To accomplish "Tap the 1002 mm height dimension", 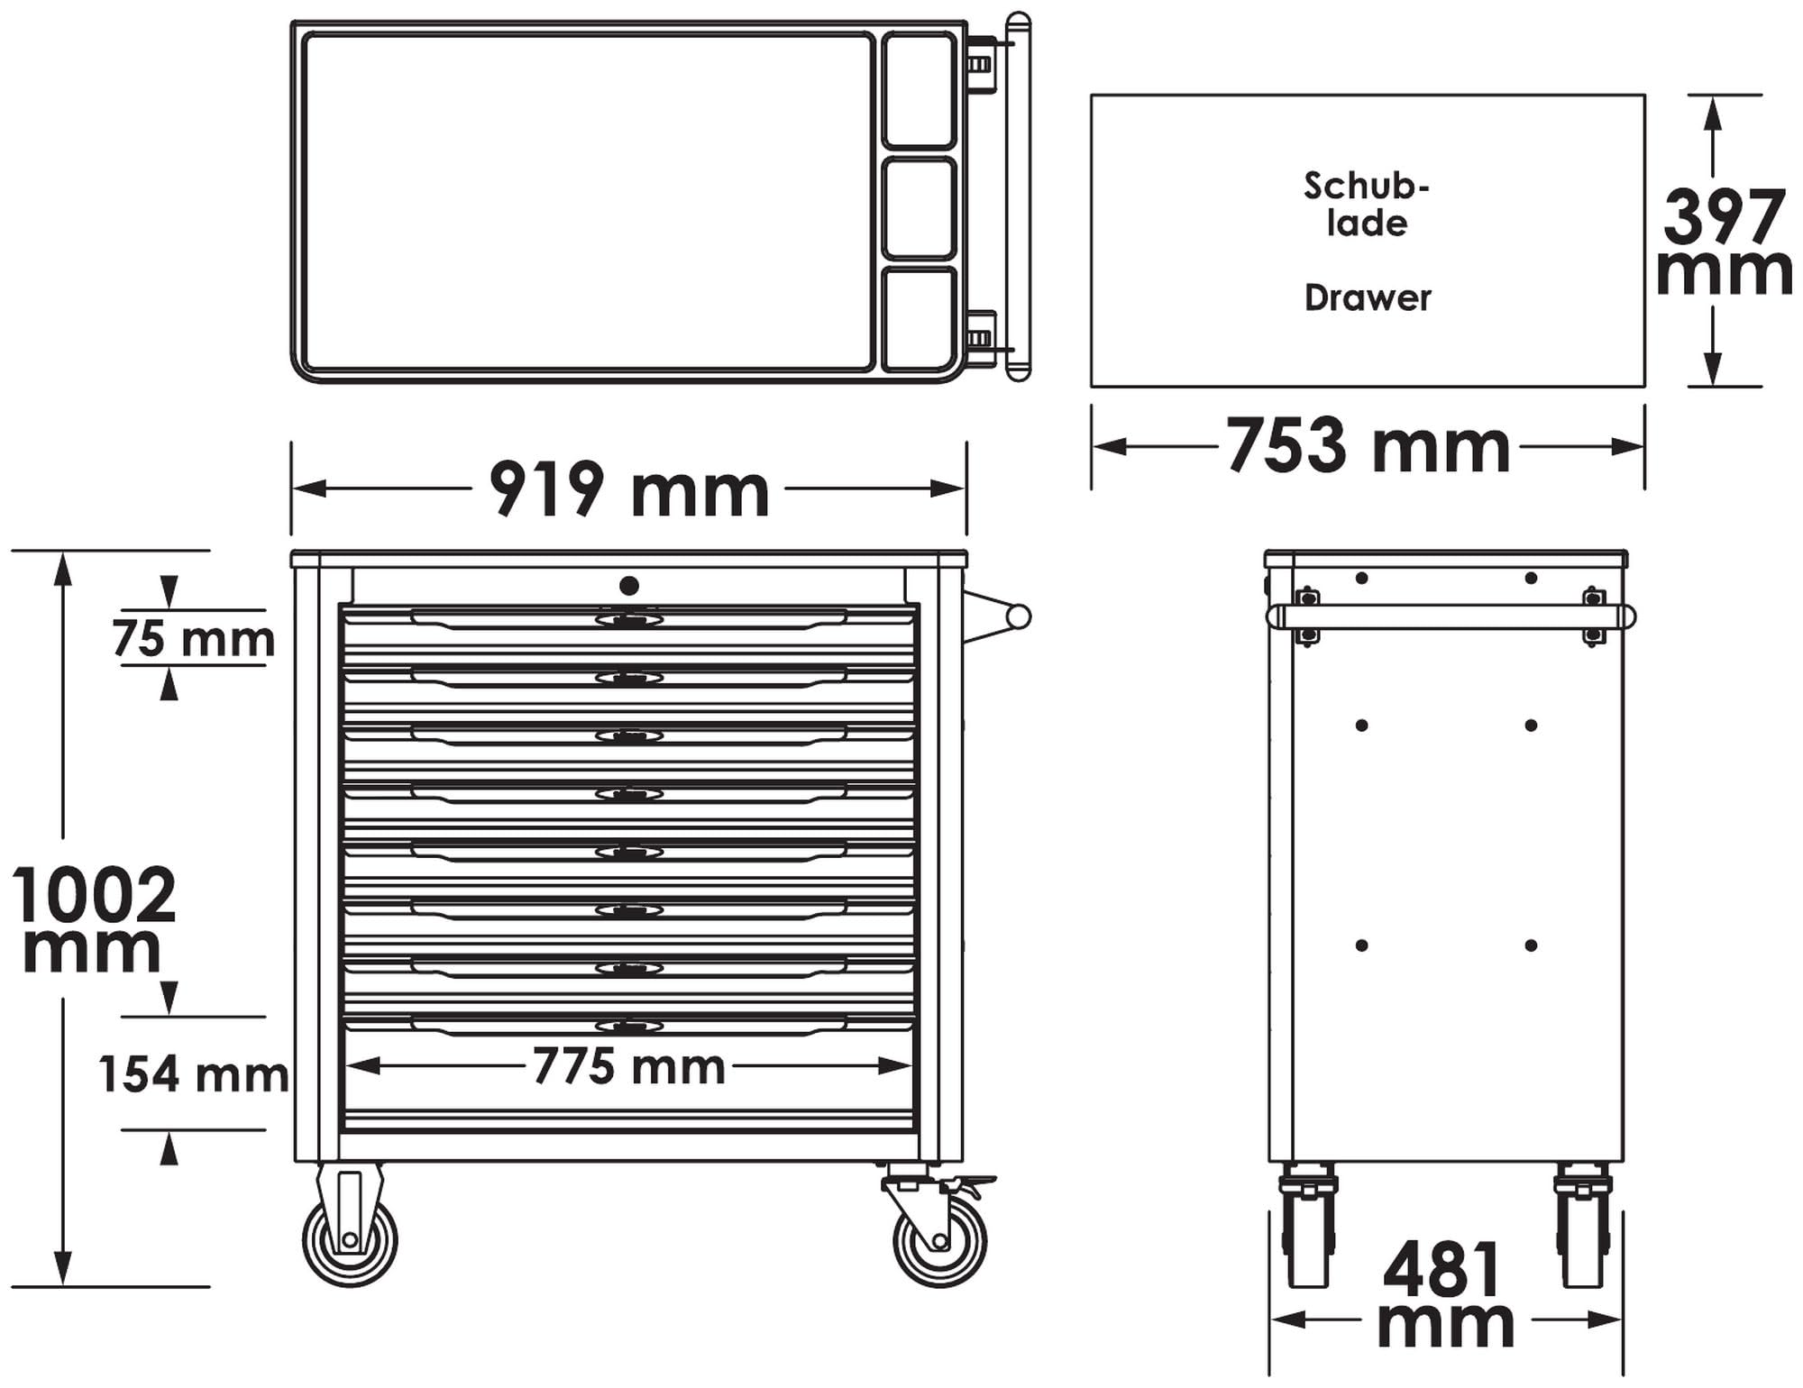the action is coord(94,918).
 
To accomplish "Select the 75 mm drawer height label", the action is coord(194,639).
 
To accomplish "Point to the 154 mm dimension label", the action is coord(194,1074).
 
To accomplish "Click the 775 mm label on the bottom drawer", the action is coord(628,1066).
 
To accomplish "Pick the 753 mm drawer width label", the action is coord(1368,446).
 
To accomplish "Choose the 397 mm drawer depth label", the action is coord(1725,242).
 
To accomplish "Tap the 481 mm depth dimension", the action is coord(1445,1294).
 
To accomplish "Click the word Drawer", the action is coord(1368,298).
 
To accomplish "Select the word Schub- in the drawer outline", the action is coord(1367,186).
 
